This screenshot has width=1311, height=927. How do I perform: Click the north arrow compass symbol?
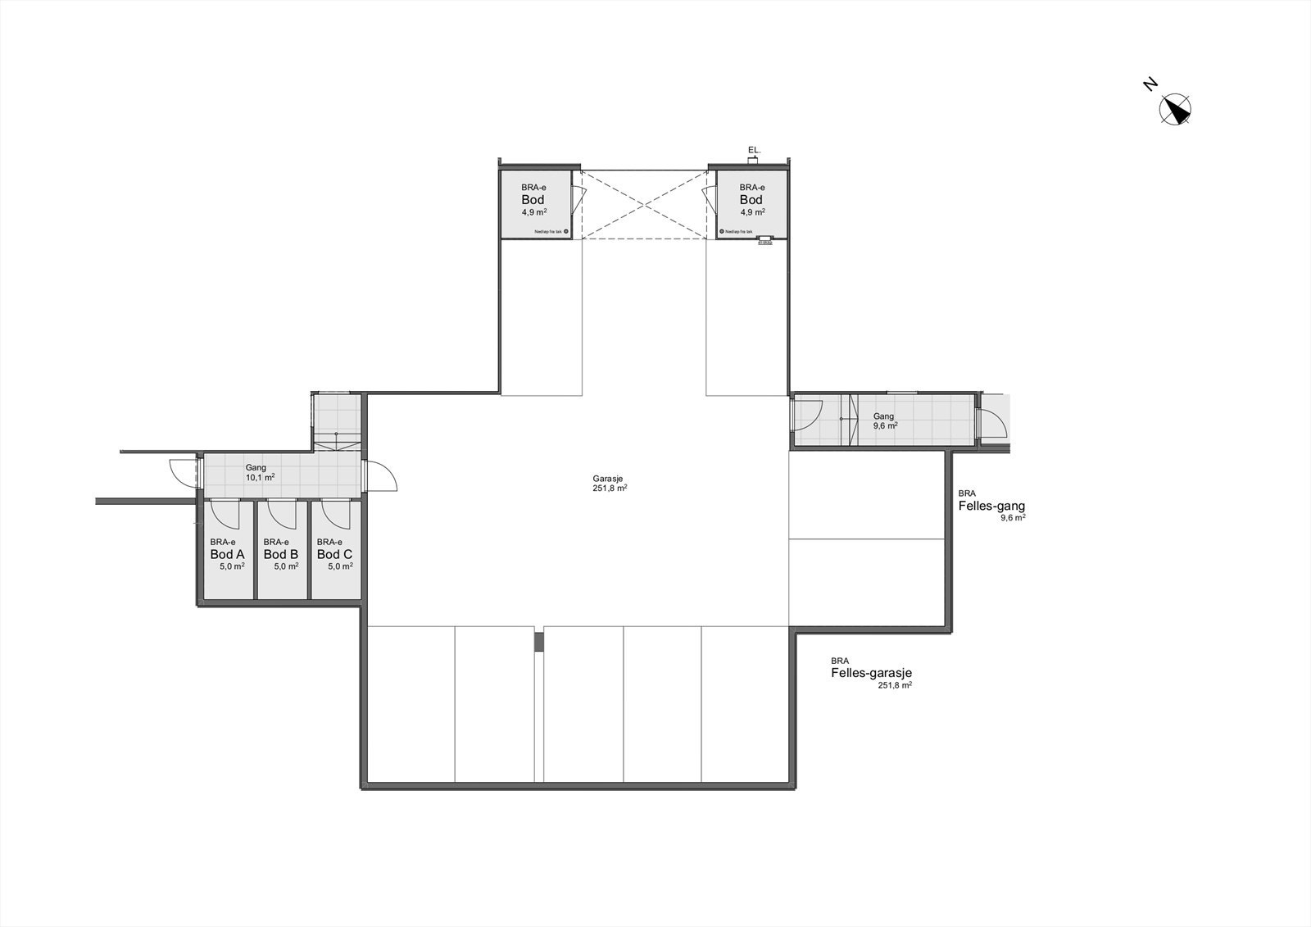tap(1176, 110)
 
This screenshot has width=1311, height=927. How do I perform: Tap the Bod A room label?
tap(227, 554)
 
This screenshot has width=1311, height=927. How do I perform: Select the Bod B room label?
tap(280, 554)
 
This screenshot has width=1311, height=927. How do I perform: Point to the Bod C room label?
tap(334, 554)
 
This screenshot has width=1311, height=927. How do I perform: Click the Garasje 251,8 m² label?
tap(610, 483)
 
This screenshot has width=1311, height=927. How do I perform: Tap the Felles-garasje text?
tap(870, 673)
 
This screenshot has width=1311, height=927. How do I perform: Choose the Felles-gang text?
tap(991, 506)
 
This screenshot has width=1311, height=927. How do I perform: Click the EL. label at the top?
tap(755, 150)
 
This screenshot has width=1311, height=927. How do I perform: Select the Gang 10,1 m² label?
tap(258, 472)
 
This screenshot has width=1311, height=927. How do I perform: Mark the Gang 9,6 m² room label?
tap(884, 420)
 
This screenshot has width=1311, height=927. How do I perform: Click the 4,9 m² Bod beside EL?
tap(751, 200)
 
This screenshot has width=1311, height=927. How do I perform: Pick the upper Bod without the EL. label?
tap(533, 200)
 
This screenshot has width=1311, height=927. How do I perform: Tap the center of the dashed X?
tap(644, 205)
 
